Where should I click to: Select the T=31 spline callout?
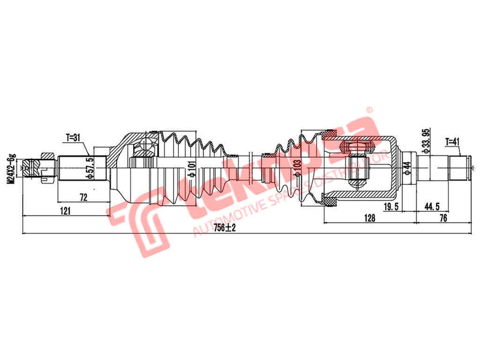[x=73, y=137]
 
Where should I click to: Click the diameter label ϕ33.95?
[x=425, y=140]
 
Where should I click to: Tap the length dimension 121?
[x=65, y=210]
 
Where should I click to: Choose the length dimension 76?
[x=443, y=218]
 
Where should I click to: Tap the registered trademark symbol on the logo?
[x=370, y=110]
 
